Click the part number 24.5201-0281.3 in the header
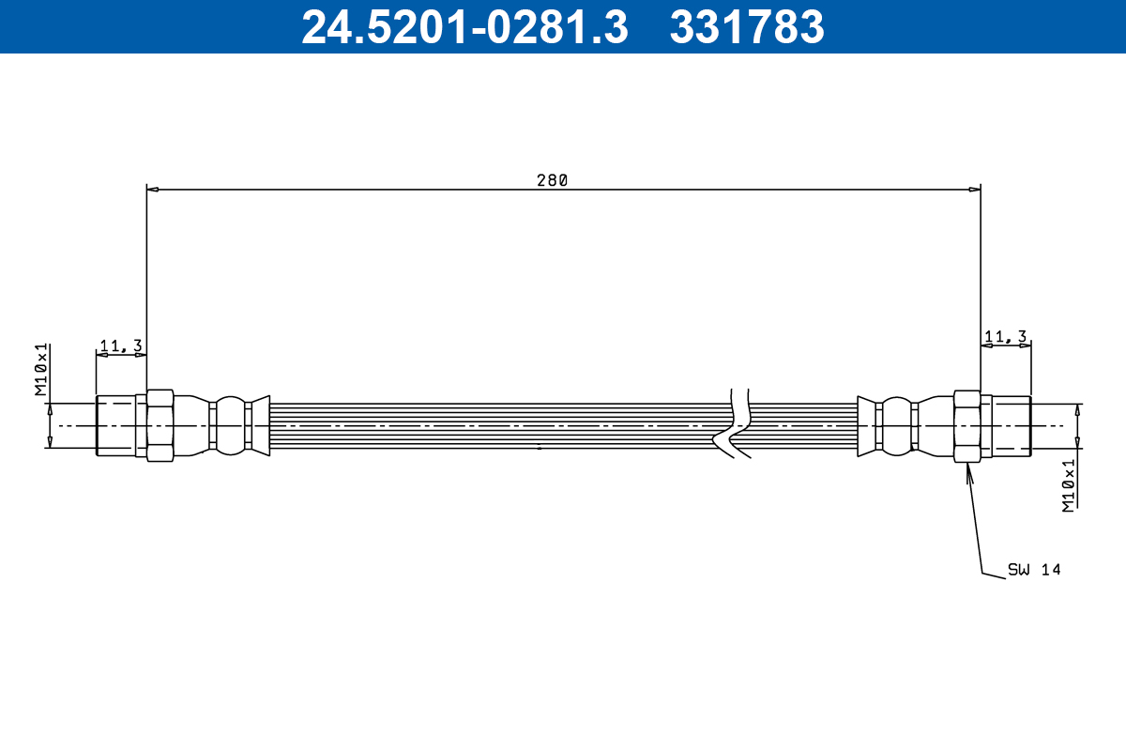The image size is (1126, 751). coord(464,26)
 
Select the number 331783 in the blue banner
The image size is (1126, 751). coord(747,26)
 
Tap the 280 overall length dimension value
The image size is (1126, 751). coord(552,180)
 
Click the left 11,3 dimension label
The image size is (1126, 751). coord(120,346)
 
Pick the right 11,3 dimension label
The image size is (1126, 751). coord(1005,336)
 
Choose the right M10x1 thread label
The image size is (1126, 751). coord(1068,485)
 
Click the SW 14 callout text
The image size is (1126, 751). coord(1034,569)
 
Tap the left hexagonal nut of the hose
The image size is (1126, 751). coord(160,425)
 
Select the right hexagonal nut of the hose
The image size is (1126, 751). coord(966,425)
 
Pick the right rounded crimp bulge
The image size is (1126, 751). coord(897,425)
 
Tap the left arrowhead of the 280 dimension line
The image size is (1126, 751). coord(153,190)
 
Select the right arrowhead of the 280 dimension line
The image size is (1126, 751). coord(974,190)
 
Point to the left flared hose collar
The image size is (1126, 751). coord(261,425)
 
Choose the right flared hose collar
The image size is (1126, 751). coord(866,425)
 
